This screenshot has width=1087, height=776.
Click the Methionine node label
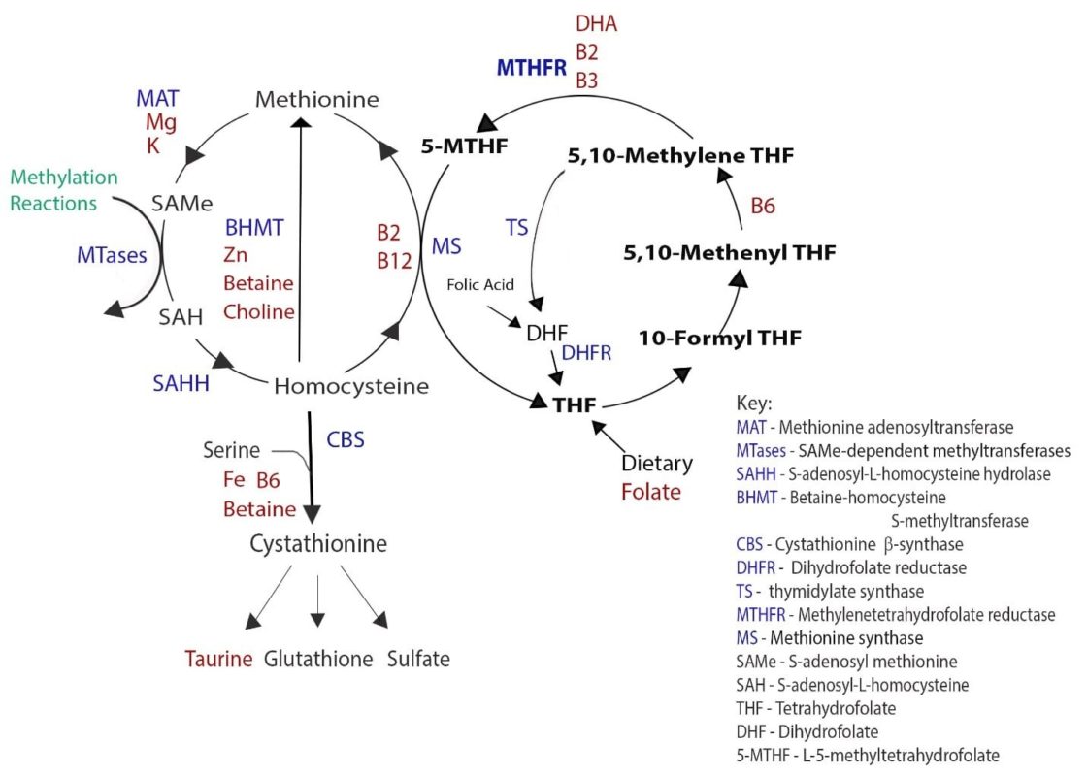pyautogui.click(x=317, y=99)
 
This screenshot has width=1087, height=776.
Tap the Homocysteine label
pyautogui.click(x=350, y=386)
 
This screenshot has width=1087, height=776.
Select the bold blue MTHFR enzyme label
pyautogui.click(x=531, y=68)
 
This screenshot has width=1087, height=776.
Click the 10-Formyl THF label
pyautogui.click(x=719, y=339)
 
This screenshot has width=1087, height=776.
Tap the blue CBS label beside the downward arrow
pyautogui.click(x=345, y=439)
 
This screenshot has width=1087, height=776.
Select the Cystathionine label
pyautogui.click(x=317, y=544)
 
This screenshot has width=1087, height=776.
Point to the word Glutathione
pyautogui.click(x=318, y=660)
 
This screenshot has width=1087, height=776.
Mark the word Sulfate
pyautogui.click(x=418, y=660)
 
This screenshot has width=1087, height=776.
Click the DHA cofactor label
pyautogui.click(x=596, y=23)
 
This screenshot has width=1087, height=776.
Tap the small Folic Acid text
pyautogui.click(x=479, y=285)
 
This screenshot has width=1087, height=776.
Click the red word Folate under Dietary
pyautogui.click(x=651, y=492)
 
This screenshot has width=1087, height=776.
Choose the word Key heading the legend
pyautogui.click(x=754, y=404)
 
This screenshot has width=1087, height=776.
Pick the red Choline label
pyautogui.click(x=259, y=311)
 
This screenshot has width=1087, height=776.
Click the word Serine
pyautogui.click(x=231, y=451)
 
